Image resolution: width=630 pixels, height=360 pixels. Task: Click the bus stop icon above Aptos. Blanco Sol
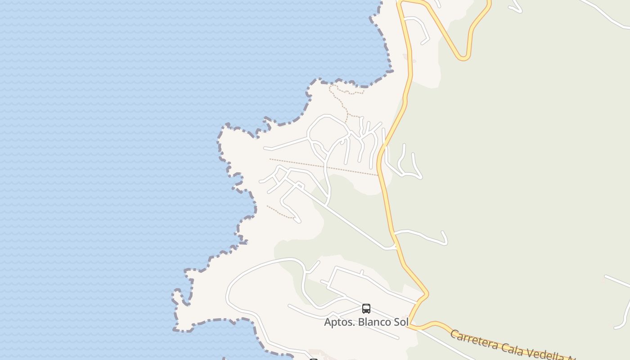coord(366,309)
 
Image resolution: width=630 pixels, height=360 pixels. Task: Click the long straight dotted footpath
coord(324,167)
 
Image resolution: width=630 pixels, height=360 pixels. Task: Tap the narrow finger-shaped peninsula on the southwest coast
coord(178,297)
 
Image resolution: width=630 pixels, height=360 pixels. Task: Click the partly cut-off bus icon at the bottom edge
coord(314,359)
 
